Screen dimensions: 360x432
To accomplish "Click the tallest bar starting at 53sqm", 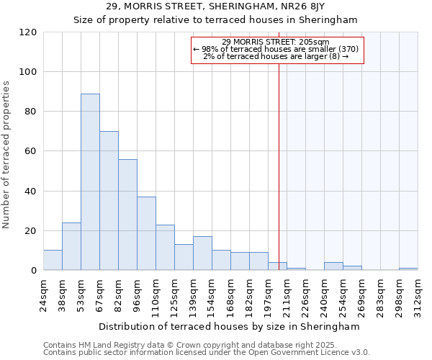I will coord(90,181).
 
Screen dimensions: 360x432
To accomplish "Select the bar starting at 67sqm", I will coord(109,200).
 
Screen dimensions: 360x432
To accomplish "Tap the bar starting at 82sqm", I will coord(127,215).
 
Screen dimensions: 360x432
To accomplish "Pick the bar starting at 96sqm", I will coord(146,233).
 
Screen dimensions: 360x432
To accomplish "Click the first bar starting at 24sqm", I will coord(53,260).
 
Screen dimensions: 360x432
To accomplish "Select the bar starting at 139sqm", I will coord(202,253).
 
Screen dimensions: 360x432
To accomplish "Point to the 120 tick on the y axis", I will coord(30,32).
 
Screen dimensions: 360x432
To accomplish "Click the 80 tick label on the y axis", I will coord(30,112).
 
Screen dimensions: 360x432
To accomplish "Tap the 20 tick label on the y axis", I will coord(30,231).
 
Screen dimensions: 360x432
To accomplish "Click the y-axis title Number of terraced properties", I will coord(6,155).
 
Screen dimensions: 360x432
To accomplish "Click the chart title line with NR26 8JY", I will coord(215,6).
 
